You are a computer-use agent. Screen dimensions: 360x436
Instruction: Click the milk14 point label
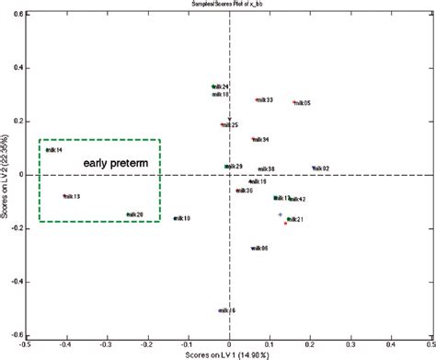pyautogui.click(x=54, y=150)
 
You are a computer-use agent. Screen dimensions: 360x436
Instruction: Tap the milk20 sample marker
pyautogui.click(x=128, y=215)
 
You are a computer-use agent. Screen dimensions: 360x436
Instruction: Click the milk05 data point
pyautogui.click(x=294, y=102)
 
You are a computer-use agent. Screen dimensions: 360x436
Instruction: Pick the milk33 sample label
pyautogui.click(x=264, y=99)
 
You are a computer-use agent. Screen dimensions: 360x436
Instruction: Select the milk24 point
pyautogui.click(x=213, y=87)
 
